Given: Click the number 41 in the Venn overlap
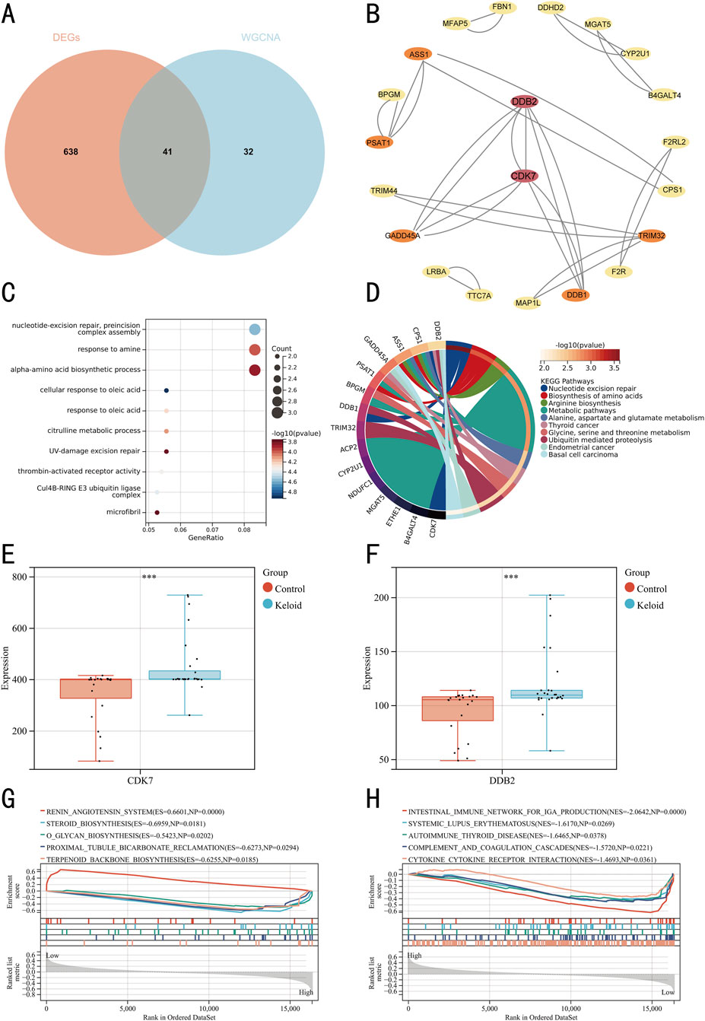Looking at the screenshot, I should tap(167, 151).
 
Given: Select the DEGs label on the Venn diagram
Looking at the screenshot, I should tap(66, 37).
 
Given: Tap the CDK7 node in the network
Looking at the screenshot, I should tap(524, 176).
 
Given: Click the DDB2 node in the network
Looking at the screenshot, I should tap(524, 101).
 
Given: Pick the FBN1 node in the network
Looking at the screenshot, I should tap(502, 8).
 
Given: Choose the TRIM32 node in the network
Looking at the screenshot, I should tap(652, 236).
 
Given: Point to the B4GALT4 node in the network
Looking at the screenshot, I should tap(664, 96).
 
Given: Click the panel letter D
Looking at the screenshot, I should tap(373, 292).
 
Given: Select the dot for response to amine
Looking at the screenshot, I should tap(255, 350).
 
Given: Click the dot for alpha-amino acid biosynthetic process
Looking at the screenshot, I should tap(255, 371).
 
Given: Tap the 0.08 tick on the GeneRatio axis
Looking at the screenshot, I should tap(244, 530).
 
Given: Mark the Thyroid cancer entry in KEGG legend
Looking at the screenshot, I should tap(573, 425).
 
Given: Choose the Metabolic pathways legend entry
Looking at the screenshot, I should tap(582, 411).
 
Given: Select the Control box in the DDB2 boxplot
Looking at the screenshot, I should tap(468, 708).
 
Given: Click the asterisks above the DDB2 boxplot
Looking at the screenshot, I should tap(511, 577).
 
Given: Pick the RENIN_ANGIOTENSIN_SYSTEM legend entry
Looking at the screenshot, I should tap(135, 812).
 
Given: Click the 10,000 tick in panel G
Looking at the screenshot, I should tap(208, 1009).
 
